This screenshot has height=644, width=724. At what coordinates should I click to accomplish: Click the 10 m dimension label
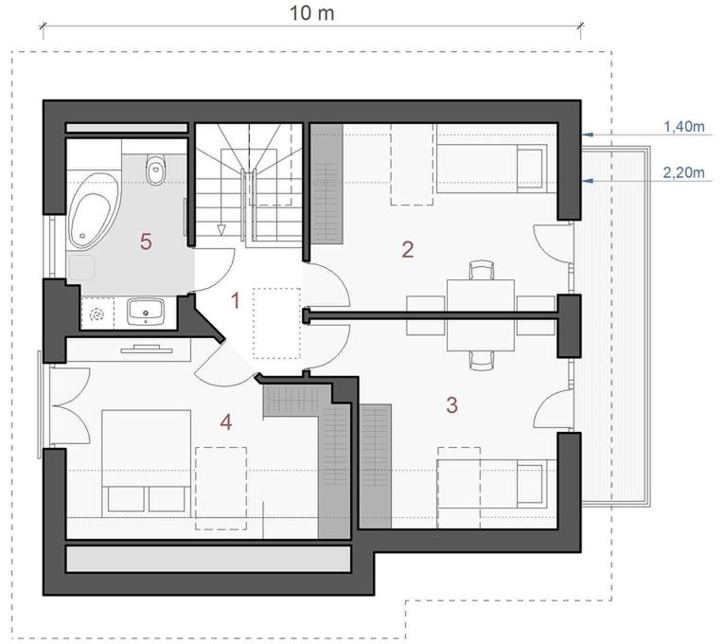pos(311,13)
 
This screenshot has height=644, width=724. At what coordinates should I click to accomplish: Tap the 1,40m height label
pos(684,126)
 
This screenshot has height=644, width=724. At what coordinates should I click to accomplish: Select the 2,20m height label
pos(684,172)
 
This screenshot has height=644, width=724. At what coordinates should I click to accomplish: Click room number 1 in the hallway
pos(236,301)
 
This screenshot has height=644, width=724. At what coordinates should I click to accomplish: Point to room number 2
pos(408,249)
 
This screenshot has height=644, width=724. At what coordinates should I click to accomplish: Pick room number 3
pos(452,404)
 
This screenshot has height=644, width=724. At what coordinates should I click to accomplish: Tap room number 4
pos(226,421)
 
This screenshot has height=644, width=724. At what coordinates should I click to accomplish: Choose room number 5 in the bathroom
pos(146,241)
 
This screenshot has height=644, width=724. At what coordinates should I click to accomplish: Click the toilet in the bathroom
pos(155,170)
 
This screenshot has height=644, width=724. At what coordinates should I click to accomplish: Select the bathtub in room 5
pos(94,211)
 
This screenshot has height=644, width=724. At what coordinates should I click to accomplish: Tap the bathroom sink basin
pos(146,310)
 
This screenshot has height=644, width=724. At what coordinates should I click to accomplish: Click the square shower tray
pos(81,267)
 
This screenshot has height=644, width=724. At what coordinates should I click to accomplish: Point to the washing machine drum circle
pos(97,315)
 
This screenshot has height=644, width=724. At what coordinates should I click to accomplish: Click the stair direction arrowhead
pos(221,229)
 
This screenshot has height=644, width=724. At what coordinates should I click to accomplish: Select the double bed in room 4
pos(146,462)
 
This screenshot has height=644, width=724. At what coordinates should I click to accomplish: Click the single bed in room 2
pos(492,169)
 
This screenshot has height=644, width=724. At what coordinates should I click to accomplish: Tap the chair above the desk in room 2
pos(481,270)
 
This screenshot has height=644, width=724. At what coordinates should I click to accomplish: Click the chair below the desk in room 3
pos(481,360)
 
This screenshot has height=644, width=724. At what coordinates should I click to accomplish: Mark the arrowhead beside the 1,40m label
pos(588,134)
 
